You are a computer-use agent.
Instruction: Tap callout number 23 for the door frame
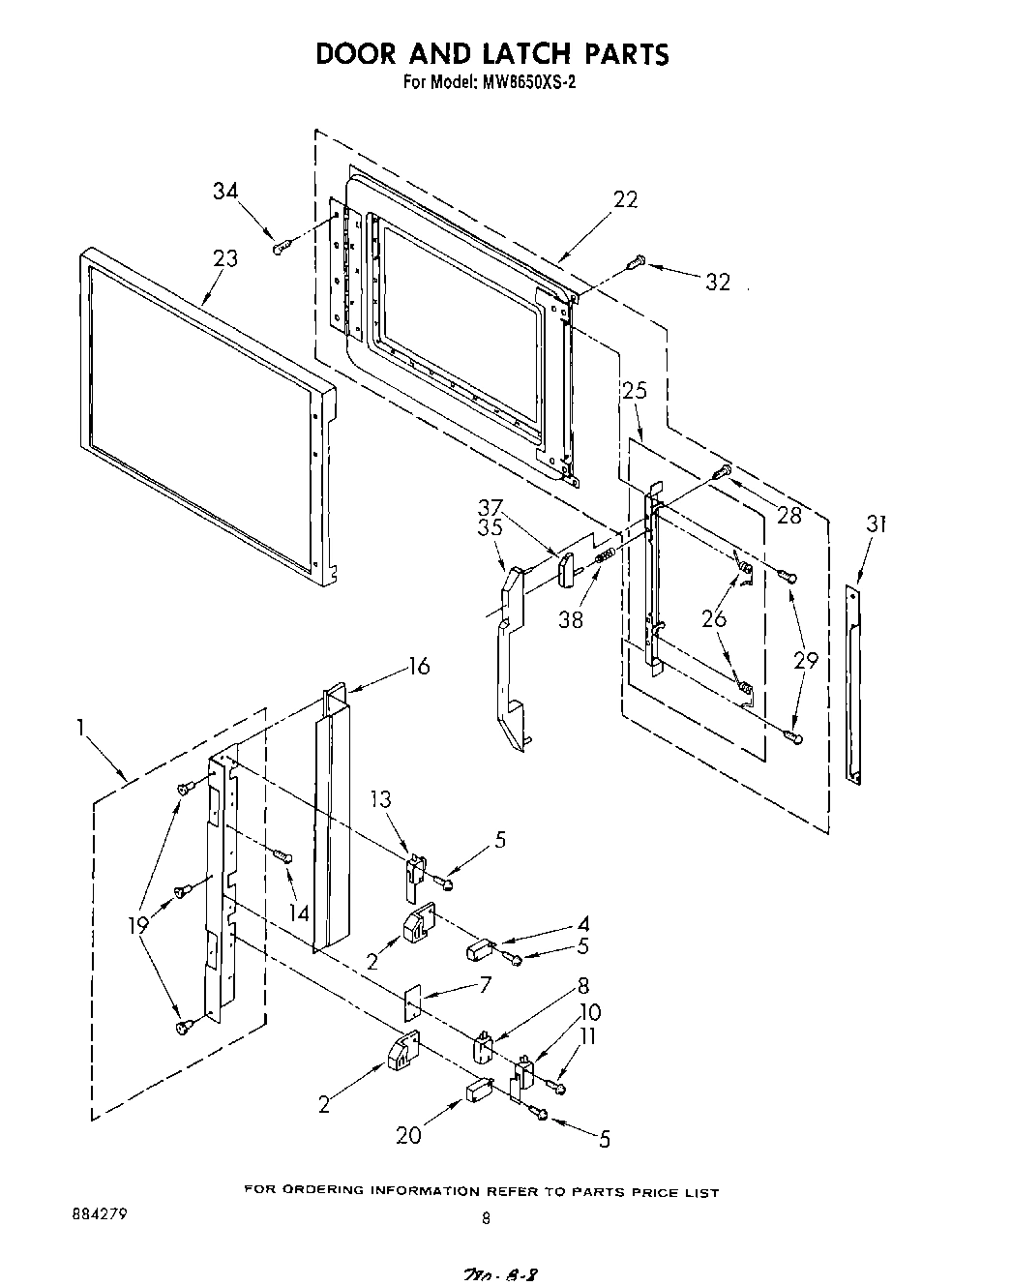click(x=225, y=259)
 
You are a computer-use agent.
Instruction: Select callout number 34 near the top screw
click(x=225, y=192)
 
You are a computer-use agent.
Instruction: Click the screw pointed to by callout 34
click(x=281, y=248)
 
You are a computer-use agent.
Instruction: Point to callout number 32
click(x=718, y=282)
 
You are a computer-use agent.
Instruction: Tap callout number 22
click(x=626, y=198)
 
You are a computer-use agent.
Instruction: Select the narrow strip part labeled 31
click(x=852, y=682)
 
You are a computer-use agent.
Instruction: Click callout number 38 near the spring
click(x=571, y=620)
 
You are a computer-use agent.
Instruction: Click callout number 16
click(x=418, y=666)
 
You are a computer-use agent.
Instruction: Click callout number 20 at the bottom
click(x=408, y=1135)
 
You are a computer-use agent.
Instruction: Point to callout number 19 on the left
click(x=138, y=924)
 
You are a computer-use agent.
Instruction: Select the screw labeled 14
click(x=282, y=855)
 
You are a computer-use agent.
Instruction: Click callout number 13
click(x=381, y=798)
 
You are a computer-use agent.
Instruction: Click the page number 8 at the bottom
click(x=486, y=1219)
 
